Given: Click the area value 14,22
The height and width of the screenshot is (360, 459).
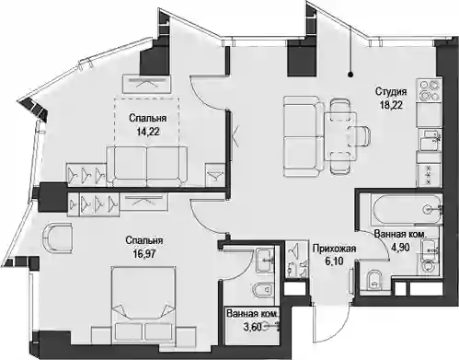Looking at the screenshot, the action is pos(148,132).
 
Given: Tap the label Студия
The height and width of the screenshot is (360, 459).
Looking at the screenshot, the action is pos(391,91).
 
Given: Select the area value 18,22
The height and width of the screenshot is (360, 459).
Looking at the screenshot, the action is pos(391,105).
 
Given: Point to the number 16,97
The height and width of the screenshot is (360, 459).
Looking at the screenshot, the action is pos(143,253).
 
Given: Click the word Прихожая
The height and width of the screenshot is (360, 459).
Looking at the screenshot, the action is pos(334,249).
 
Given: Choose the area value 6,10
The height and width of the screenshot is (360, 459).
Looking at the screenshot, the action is pos(333,261).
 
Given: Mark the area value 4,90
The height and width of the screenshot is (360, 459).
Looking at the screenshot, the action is pos(399,247).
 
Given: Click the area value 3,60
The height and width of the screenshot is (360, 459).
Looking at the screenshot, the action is pos(252,327).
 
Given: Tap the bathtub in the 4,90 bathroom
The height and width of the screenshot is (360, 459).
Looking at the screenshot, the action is pos(406,210).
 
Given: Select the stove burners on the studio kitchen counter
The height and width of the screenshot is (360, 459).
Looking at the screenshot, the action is pos(429,90).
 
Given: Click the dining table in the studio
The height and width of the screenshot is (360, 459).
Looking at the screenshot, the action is pos(340,136).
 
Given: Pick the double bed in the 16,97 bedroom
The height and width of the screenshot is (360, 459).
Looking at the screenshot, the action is pos(143,305).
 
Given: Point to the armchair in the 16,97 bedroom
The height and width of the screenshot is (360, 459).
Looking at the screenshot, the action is pos(58,238).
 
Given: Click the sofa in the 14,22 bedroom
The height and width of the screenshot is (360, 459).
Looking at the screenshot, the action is pos(146,166).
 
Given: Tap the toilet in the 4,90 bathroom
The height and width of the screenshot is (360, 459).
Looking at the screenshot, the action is pos(373,279).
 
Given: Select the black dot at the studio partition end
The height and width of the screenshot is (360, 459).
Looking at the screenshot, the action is pos(351,75).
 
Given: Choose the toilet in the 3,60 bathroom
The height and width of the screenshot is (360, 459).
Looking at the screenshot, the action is pos(263,290).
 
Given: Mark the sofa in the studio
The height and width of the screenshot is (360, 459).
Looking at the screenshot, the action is pos(304,136).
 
